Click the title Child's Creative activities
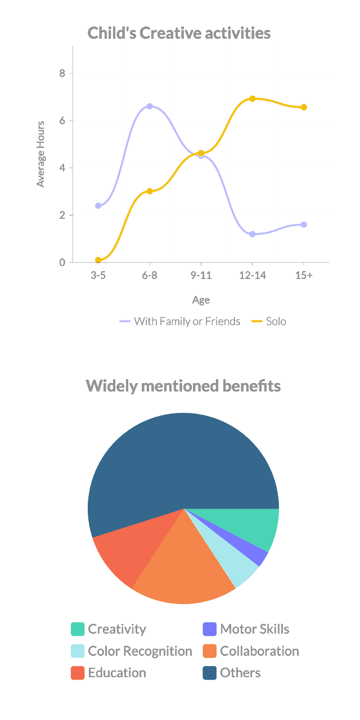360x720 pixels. click(x=179, y=33)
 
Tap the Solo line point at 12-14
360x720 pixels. click(x=252, y=98)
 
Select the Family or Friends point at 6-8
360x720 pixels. click(x=150, y=106)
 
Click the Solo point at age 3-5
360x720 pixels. click(x=98, y=260)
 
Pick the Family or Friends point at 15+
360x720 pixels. click(x=304, y=224)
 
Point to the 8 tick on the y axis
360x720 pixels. click(x=62, y=73)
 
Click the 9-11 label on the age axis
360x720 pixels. click(x=201, y=276)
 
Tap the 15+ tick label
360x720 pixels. click(x=304, y=276)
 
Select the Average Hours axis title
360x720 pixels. click(x=40, y=154)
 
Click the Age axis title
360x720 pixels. click(x=201, y=300)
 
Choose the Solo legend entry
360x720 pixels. click(x=269, y=322)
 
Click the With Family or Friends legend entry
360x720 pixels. click(x=180, y=322)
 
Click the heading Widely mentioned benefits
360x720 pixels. click(x=183, y=386)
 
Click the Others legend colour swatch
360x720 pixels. click(x=210, y=673)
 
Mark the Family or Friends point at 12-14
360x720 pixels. click(x=252, y=234)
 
